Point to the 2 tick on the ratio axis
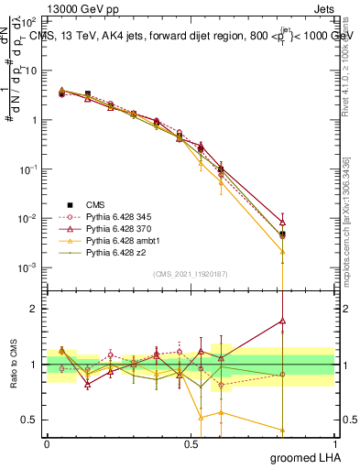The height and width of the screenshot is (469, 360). pos(34,309)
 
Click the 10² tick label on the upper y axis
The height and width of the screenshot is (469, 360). pos(29,21)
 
